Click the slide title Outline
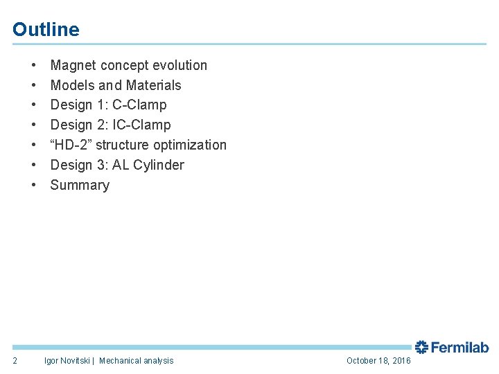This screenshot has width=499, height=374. (x=46, y=30)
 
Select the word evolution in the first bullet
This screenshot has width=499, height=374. (x=180, y=66)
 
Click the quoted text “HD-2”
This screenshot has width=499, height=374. (x=71, y=145)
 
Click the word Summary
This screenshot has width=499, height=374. (x=80, y=186)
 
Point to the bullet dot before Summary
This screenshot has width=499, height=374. (x=33, y=186)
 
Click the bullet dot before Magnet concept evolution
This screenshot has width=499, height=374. (x=33, y=66)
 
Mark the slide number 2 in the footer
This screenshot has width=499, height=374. (x=15, y=360)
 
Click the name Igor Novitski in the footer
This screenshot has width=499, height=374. (x=67, y=361)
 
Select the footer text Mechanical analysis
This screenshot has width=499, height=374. (x=137, y=361)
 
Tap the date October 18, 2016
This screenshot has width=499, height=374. (x=378, y=361)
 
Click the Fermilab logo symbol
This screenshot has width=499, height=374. (x=422, y=347)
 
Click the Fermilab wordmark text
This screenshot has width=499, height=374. (x=460, y=348)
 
